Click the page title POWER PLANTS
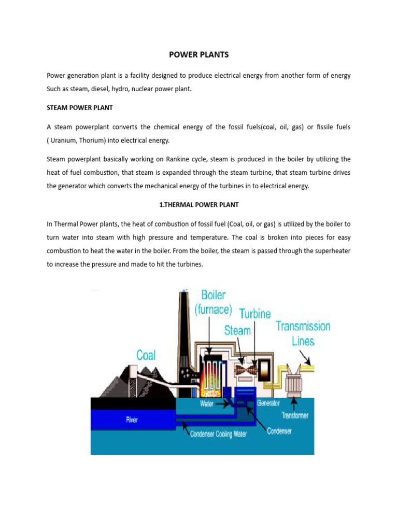pyautogui.click(x=199, y=54)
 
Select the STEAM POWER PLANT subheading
pyautogui.click(x=80, y=108)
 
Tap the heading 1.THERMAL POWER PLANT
pyautogui.click(x=199, y=205)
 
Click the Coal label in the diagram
pyautogui.click(x=146, y=355)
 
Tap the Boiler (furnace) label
pyautogui.click(x=214, y=302)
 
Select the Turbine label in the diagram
pyautogui.click(x=254, y=314)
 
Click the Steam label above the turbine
pyautogui.click(x=237, y=330)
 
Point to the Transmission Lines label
pyautogui.click(x=303, y=333)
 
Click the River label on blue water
pyautogui.click(x=132, y=420)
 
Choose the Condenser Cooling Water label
pyautogui.click(x=218, y=434)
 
